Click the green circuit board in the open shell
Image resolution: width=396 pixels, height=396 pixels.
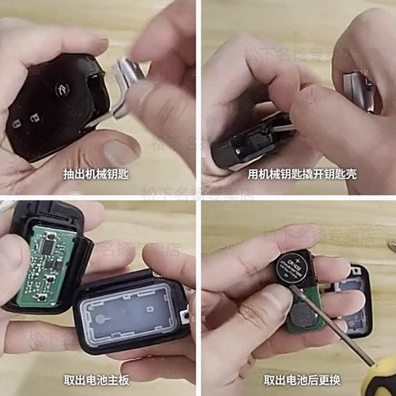(x=45, y=262)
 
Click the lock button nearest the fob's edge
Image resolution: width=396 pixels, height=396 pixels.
(x=17, y=124)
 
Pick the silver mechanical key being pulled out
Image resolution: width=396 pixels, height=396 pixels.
(x=127, y=79)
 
